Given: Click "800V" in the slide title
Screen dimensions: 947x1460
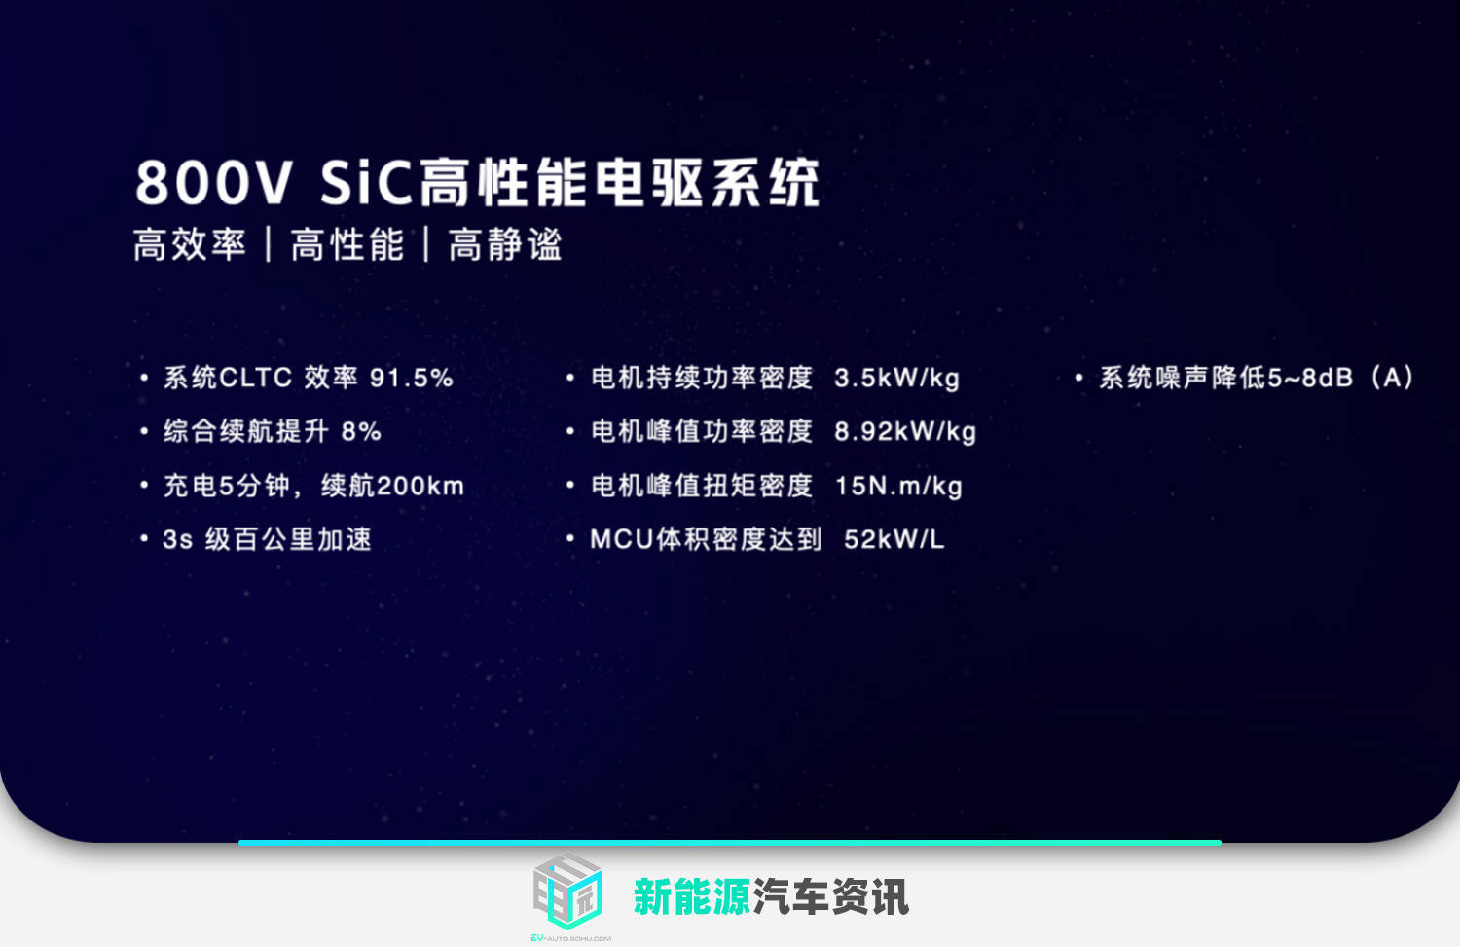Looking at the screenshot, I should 213,183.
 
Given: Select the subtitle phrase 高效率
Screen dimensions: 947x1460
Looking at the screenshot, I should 190,245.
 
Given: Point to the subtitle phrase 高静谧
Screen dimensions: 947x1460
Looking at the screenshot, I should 505,245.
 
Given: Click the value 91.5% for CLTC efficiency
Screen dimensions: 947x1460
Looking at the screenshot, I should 412,379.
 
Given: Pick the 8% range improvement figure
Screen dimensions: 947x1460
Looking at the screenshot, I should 361,432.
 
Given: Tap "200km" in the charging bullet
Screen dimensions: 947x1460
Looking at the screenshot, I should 420,486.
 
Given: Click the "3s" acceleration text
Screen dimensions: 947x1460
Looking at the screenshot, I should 177,540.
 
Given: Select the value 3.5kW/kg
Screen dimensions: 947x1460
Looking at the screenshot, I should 896,379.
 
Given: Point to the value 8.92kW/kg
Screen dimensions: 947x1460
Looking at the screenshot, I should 905,432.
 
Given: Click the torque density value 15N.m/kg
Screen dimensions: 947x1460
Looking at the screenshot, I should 898,486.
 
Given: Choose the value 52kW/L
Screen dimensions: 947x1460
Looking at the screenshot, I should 894,540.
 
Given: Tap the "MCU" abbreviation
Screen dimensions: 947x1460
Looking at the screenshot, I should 621,540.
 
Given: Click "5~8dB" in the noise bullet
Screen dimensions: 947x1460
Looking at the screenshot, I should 1310,379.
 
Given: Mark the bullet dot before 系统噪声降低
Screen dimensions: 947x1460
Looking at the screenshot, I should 1078,378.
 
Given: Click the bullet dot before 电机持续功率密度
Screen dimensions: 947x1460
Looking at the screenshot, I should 570,378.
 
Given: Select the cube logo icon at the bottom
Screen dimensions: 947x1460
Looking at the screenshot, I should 568,891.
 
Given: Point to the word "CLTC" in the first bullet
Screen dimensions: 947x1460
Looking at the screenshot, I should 256,379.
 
